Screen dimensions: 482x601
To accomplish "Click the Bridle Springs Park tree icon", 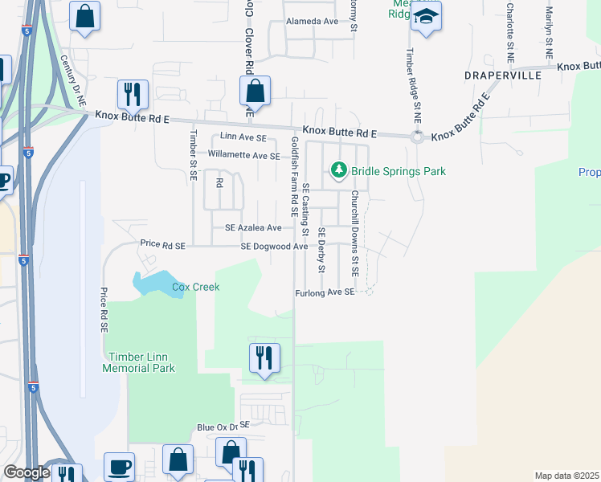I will tap(339, 170).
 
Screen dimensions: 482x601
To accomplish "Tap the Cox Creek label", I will tap(195, 287).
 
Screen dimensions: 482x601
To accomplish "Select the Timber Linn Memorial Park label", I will tap(139, 361).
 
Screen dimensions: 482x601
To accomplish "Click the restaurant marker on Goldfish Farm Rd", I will tap(265, 357).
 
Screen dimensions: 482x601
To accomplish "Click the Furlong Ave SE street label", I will tap(325, 292).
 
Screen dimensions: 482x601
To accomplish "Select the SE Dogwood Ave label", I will tap(274, 246).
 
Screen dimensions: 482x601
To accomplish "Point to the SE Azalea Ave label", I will tap(253, 228).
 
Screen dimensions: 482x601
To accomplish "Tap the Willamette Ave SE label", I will tap(243, 153).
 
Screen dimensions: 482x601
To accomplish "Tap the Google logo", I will tap(27, 472).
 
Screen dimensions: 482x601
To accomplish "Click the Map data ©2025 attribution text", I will tap(566, 476).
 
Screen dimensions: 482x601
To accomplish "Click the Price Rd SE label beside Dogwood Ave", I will tap(162, 244).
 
